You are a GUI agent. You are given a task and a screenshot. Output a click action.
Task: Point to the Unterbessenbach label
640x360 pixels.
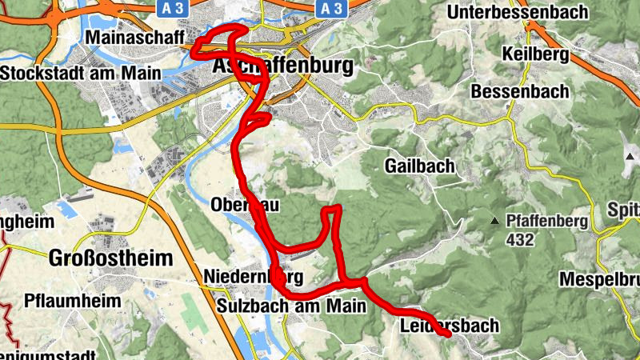(518, 12)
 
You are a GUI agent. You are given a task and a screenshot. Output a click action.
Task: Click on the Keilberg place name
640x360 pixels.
(535, 54)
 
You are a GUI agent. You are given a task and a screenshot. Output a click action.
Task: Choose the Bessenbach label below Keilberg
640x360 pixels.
(520, 91)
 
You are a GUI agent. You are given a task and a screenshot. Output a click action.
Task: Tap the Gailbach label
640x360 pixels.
(419, 166)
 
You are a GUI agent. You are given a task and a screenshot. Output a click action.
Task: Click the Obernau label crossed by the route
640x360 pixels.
(245, 205)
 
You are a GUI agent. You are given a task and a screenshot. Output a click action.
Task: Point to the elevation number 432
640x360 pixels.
(520, 238)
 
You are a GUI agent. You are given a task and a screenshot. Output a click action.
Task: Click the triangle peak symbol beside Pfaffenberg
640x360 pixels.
(496, 220)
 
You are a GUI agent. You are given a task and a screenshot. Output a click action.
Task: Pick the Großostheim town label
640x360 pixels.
(110, 258)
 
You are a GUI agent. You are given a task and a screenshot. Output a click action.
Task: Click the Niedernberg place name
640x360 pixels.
(254, 278)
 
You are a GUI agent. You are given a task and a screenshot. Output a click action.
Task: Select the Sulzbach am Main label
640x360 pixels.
(291, 305)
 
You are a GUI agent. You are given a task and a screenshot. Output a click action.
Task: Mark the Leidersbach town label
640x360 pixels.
(448, 326)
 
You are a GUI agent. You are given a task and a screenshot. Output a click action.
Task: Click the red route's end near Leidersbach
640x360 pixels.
(450, 335)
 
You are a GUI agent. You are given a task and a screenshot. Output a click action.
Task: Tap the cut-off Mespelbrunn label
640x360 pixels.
(599, 280)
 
